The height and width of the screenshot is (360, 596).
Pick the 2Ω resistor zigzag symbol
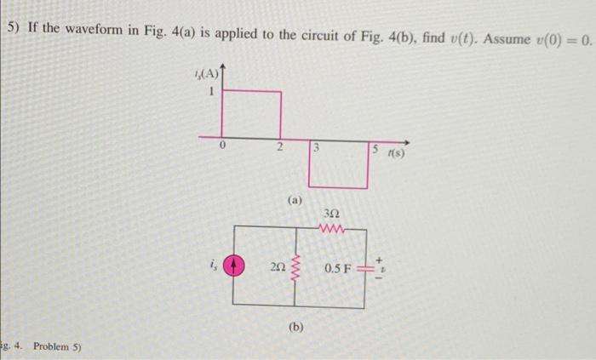click(x=295, y=269)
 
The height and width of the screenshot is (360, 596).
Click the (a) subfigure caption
click(x=295, y=202)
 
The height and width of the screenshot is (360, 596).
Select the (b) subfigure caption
click(x=296, y=326)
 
